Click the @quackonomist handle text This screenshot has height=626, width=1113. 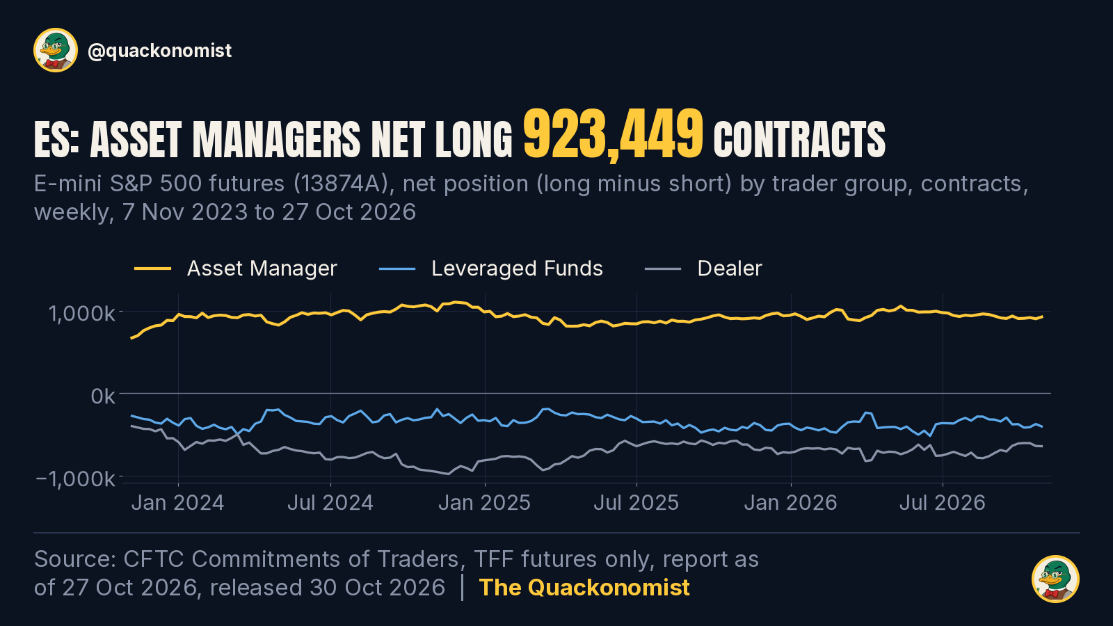(x=159, y=51)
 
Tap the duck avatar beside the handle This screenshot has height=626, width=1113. (x=56, y=50)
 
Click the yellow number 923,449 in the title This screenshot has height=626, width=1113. (x=613, y=135)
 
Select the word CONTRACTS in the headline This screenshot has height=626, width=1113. (x=799, y=141)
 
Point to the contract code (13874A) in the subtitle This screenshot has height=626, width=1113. (x=341, y=184)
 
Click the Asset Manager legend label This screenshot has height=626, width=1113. (x=262, y=268)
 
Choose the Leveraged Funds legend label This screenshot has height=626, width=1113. (x=517, y=268)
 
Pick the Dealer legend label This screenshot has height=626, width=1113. (x=730, y=268)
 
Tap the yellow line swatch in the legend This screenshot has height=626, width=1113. (x=152, y=269)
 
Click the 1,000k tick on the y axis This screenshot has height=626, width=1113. (x=81, y=314)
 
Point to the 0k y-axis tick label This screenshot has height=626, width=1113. (x=103, y=396)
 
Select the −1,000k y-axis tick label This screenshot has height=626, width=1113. (x=76, y=479)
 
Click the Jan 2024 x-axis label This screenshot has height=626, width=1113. (x=178, y=503)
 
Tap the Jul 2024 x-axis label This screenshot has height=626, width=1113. (x=330, y=503)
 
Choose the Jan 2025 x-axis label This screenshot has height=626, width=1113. (x=484, y=503)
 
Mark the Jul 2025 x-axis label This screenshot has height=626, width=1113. (x=636, y=503)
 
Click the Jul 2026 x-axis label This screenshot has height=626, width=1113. (x=943, y=503)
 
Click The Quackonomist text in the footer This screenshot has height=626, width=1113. (x=584, y=588)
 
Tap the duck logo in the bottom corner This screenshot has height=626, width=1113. (x=1055, y=579)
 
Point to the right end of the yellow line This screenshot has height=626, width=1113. (x=1042, y=316)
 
